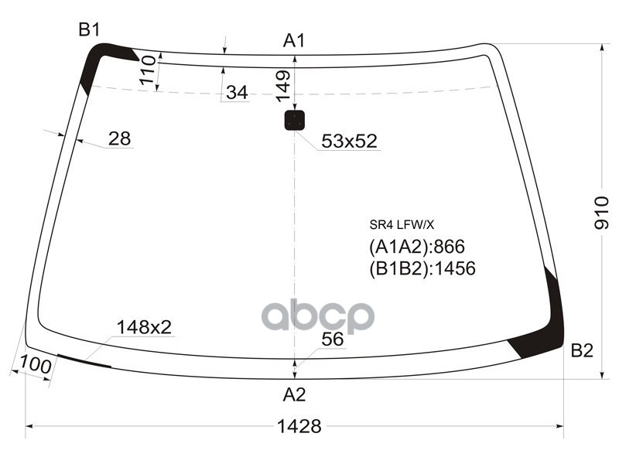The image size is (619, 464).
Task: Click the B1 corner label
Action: click(89, 29)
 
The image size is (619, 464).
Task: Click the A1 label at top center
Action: click(294, 40)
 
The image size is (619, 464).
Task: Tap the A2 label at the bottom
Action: click(294, 394)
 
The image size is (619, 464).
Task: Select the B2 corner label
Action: click(582, 350)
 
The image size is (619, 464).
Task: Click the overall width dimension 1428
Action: click(299, 425)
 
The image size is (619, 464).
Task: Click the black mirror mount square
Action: click(295, 120)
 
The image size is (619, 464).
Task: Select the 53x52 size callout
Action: click(348, 141)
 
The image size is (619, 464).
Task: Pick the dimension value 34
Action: click(237, 93)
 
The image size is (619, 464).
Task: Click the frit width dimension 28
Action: click(119, 138)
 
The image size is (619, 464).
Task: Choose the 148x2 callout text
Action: click(144, 327)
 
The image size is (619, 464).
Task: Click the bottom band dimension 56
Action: click(332, 339)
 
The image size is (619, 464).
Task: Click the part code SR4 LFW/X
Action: click(402, 226)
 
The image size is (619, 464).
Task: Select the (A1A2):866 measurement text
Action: click(416, 247)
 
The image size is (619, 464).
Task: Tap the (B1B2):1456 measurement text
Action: click(422, 268)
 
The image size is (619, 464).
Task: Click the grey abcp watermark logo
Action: click(318, 316)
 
